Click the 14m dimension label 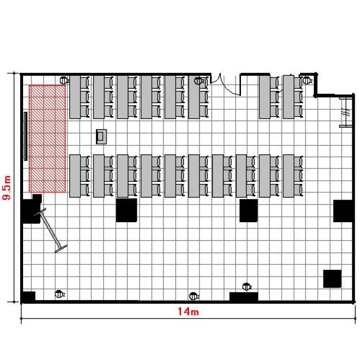pyautogui.click(x=188, y=312)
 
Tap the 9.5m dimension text pyautogui.click(x=6, y=188)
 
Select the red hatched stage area pyautogui.click(x=48, y=138)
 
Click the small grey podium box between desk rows pyautogui.click(x=101, y=137)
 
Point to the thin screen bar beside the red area pyautogui.click(x=25, y=136)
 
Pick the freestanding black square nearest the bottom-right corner pyautogui.click(x=332, y=279)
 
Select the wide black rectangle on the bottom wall pyautogui.click(x=243, y=297)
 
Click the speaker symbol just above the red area pyautogui.click(x=64, y=80)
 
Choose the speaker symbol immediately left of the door pyautogui.click(x=199, y=81)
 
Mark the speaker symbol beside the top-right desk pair pyautogui.click(x=307, y=80)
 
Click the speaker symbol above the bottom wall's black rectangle pyautogui.click(x=247, y=287)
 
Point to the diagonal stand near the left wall pyautogui.click(x=50, y=229)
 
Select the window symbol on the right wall pyautogui.click(x=346, y=112)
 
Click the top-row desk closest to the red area pyautogui.click(x=75, y=97)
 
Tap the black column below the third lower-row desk pyautogui.click(x=127, y=210)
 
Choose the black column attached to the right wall pyautogui.click(x=343, y=211)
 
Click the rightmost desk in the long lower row pyautogui.click(x=288, y=176)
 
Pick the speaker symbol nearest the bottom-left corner pyautogui.click(x=60, y=294)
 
